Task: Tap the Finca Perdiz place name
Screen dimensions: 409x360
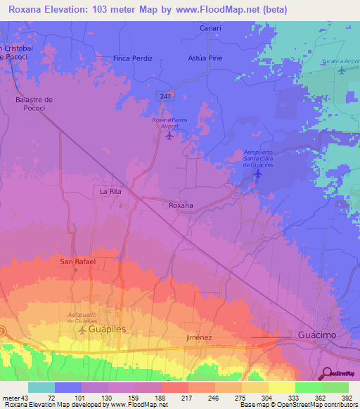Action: click(x=133, y=58)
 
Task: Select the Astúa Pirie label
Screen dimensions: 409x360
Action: click(x=205, y=58)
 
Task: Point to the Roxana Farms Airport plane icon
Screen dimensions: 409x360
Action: click(x=169, y=136)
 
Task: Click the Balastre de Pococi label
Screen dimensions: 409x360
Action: click(x=34, y=105)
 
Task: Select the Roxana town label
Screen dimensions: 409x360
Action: click(x=181, y=205)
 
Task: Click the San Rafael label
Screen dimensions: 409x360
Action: click(x=77, y=261)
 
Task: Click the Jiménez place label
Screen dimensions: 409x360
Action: click(x=199, y=337)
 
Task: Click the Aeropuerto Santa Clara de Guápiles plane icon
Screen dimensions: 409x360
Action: click(x=258, y=173)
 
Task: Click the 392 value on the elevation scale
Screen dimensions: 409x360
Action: click(x=347, y=398)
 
